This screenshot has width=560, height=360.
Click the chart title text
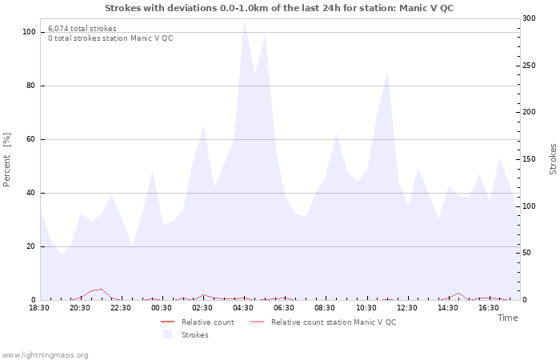click(280, 8)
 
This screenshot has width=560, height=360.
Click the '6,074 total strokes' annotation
click(82, 29)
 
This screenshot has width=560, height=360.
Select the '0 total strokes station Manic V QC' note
click(110, 38)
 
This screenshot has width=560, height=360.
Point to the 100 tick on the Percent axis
click(29, 32)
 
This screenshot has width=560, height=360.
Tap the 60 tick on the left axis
click(30, 139)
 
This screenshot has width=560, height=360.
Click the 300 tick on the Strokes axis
click(530, 18)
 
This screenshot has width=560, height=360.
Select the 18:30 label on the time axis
click(39, 307)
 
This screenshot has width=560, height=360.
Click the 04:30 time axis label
click(243, 307)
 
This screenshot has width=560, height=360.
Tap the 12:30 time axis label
click(407, 307)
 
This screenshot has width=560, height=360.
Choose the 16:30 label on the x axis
click(489, 307)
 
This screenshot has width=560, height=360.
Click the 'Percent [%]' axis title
click(7, 159)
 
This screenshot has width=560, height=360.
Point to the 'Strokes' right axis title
click(553, 159)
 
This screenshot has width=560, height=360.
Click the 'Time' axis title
click(507, 318)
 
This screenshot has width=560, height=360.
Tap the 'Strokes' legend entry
click(194, 335)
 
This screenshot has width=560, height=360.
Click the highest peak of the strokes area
click(245, 22)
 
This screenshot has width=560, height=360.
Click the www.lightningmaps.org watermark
click(45, 355)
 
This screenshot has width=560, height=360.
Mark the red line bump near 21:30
click(101, 290)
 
